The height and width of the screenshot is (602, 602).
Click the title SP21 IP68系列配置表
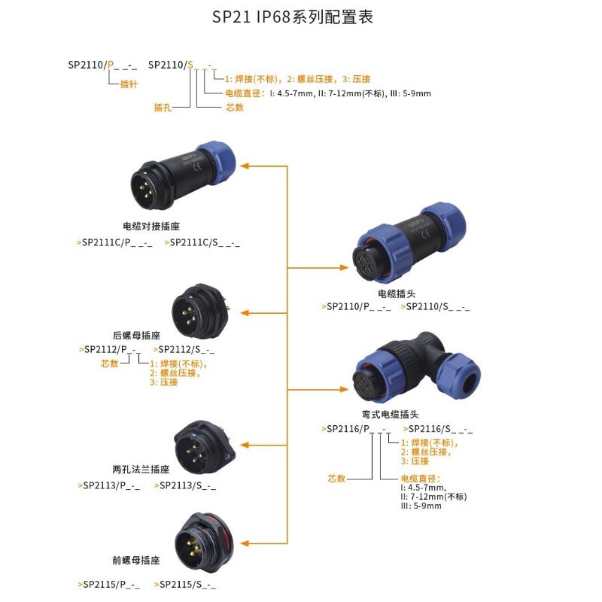tap(300, 17)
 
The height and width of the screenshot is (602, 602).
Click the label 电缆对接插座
tap(151, 226)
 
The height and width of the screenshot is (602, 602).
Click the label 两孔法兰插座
tap(141, 469)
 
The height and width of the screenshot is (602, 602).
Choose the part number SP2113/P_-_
tap(109, 486)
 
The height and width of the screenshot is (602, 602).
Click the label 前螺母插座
tap(135, 561)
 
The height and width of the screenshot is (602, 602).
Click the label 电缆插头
tap(397, 293)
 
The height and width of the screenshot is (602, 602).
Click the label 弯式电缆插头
tap(390, 415)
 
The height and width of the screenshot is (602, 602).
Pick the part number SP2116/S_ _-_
tap(439, 429)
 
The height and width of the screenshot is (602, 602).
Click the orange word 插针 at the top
tap(129, 84)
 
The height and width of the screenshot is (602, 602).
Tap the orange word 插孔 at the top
tap(163, 108)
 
